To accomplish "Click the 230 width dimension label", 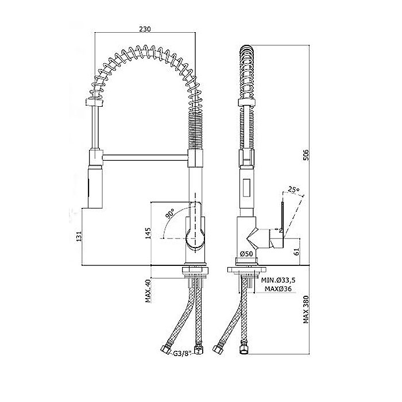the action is pyautogui.click(x=145, y=29).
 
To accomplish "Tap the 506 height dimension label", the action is pyautogui.click(x=306, y=154).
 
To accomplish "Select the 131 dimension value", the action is pyautogui.click(x=79, y=236).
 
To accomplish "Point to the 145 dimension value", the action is pyautogui.click(x=148, y=233).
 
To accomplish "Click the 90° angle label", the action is pyautogui.click(x=170, y=213).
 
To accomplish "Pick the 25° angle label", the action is pyautogui.click(x=294, y=190).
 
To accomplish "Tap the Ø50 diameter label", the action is pyautogui.click(x=246, y=254).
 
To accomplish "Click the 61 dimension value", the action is pyautogui.click(x=296, y=252).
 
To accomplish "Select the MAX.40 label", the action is pyautogui.click(x=148, y=291).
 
